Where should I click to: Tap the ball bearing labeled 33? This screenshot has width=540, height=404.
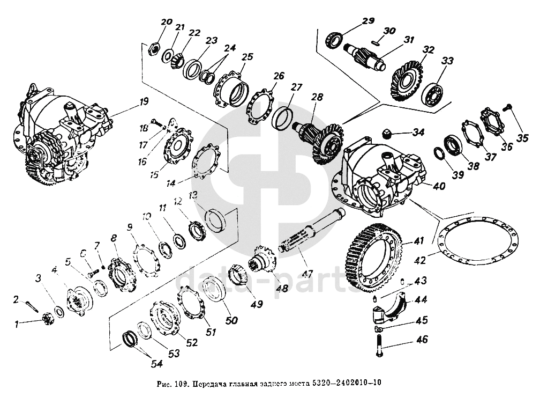(x=433, y=92)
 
